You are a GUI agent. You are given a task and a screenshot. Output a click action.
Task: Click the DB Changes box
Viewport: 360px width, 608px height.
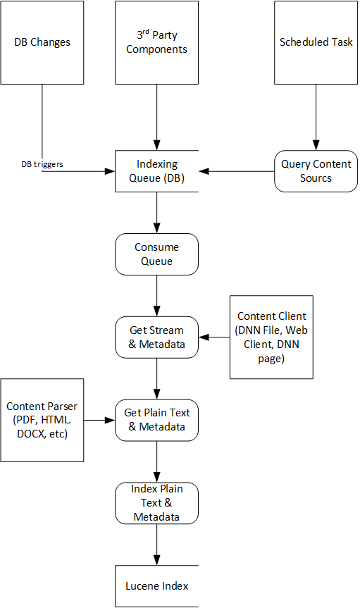[x=42, y=42]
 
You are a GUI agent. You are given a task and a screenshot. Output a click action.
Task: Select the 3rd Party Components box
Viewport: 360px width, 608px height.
[x=156, y=42]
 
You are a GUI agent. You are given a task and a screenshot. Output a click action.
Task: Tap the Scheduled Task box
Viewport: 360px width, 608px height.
[x=316, y=42]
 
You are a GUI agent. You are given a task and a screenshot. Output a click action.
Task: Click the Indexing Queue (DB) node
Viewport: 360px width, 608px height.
[x=156, y=171]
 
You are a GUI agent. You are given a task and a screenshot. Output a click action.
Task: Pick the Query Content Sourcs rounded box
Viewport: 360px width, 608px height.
[x=316, y=171]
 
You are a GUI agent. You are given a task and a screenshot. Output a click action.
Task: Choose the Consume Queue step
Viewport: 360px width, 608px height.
[x=156, y=254]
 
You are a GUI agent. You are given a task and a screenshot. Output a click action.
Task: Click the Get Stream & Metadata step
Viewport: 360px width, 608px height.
[x=156, y=337]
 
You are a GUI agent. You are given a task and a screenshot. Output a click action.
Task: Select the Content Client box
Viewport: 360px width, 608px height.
[x=271, y=337]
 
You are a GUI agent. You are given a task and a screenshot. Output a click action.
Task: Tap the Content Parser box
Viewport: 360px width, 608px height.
[x=42, y=420]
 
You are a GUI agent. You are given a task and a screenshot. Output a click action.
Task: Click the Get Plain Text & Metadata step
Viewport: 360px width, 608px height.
[x=156, y=420]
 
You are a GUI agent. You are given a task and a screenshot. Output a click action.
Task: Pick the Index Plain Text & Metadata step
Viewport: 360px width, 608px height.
[x=156, y=503]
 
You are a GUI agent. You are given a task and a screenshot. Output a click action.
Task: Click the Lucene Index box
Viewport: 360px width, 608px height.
[x=156, y=586]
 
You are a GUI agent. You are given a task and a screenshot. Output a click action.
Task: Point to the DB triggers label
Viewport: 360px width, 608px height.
[x=42, y=164]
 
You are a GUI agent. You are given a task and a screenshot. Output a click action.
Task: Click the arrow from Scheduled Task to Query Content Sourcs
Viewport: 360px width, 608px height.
[x=316, y=117]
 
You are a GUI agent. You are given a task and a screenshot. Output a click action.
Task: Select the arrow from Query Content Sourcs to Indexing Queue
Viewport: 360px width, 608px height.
[x=237, y=171]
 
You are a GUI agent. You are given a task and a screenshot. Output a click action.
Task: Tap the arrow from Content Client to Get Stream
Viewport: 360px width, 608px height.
[x=214, y=337]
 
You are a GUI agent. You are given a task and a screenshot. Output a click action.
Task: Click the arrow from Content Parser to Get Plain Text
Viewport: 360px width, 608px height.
[x=99, y=420]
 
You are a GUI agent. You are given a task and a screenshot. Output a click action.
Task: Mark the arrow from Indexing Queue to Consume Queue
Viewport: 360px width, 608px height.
[x=156, y=213]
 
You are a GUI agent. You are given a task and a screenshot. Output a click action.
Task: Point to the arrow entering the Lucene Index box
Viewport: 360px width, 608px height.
[x=156, y=545]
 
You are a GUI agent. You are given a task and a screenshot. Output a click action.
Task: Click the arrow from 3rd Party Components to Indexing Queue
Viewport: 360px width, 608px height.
[x=156, y=117]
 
